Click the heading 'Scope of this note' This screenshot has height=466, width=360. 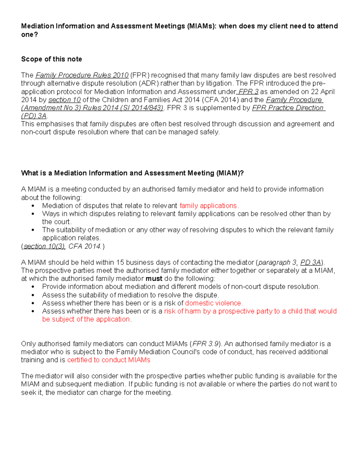pos(51,59)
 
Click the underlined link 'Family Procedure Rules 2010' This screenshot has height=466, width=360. pos(82,75)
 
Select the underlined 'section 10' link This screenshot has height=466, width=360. pos(64,100)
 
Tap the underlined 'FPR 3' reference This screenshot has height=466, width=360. pos(248,92)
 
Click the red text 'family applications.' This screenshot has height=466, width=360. pos(209,206)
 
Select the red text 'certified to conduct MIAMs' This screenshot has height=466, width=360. pos(109,360)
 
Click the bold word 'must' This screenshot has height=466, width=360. pos(154,279)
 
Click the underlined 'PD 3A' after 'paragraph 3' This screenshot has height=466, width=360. pos(310,263)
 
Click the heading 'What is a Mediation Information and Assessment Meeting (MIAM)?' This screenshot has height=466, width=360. pos(132,173)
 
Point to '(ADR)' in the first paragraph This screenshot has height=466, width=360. pos(148,83)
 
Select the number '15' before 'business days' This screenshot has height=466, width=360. pos(120,263)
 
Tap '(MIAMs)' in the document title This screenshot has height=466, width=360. pos(202,26)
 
